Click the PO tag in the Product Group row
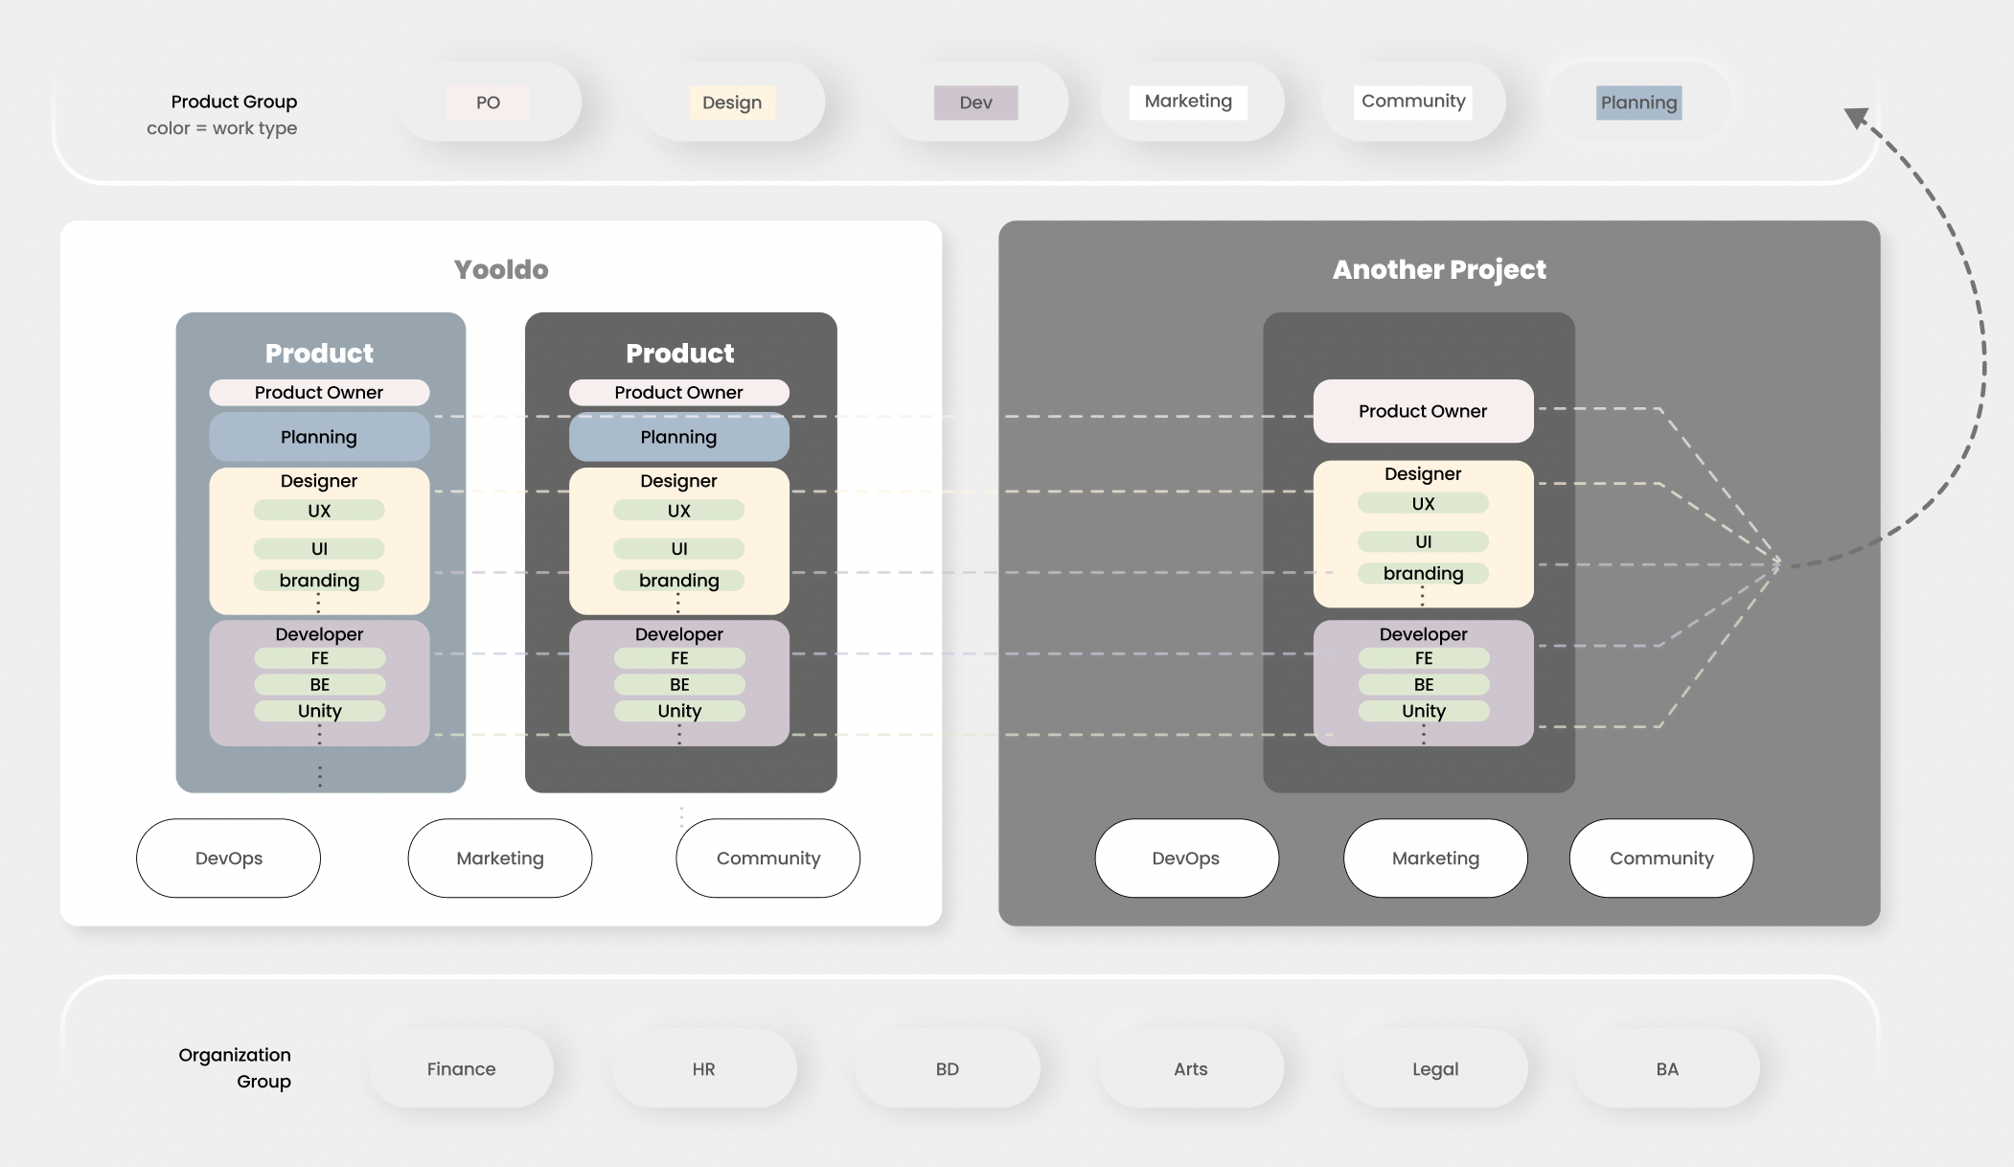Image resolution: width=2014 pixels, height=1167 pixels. (488, 103)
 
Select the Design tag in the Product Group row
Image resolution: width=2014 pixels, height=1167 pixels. (732, 103)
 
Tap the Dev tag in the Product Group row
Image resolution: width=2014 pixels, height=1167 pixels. (975, 103)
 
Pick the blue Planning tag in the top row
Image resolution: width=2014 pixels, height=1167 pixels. (1638, 103)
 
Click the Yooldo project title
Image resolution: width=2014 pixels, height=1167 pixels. (501, 269)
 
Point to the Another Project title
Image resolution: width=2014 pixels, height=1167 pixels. (1439, 269)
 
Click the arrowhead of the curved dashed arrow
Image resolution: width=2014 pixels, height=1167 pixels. (1856, 118)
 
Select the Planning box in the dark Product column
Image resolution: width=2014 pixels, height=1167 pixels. (678, 437)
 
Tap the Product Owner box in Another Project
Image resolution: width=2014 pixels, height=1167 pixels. (1423, 411)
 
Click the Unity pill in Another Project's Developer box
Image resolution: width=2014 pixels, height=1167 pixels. (1423, 711)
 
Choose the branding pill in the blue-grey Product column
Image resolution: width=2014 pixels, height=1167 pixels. (319, 581)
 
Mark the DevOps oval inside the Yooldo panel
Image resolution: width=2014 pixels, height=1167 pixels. (228, 858)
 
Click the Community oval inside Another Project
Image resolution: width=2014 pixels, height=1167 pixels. (1661, 858)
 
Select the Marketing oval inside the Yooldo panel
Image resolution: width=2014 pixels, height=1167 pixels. (500, 858)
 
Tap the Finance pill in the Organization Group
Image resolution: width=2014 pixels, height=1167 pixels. (461, 1068)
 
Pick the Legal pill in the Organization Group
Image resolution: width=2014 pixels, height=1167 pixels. (1435, 1068)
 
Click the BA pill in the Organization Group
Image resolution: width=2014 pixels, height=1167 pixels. (1667, 1068)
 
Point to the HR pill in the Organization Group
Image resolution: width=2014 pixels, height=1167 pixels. (703, 1068)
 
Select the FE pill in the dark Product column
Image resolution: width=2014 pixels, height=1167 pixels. (679, 658)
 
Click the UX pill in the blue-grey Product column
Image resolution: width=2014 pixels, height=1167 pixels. (319, 511)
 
